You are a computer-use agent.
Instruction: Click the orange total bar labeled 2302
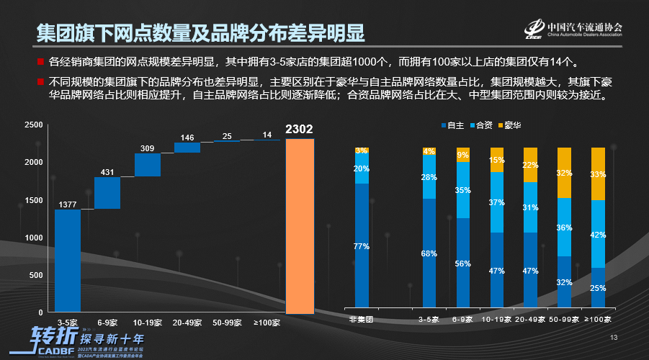[x=300, y=225]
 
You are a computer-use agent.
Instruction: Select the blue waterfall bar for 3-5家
[x=68, y=261]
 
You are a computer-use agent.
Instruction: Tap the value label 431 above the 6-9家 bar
[x=107, y=172]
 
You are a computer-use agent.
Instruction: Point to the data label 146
[x=187, y=138]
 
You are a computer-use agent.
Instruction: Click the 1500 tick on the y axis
[x=33, y=200]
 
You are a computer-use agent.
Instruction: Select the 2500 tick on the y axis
[x=33, y=125]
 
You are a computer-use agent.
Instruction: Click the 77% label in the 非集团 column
[x=362, y=246]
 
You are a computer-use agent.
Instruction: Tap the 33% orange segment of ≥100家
[x=598, y=174]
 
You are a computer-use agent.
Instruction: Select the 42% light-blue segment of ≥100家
[x=598, y=234]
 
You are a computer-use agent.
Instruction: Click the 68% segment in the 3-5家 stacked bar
[x=429, y=253]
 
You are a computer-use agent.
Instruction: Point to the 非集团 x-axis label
[x=361, y=320]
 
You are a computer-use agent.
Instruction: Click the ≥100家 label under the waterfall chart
[x=267, y=322]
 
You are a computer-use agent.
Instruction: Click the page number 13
[x=614, y=338]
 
